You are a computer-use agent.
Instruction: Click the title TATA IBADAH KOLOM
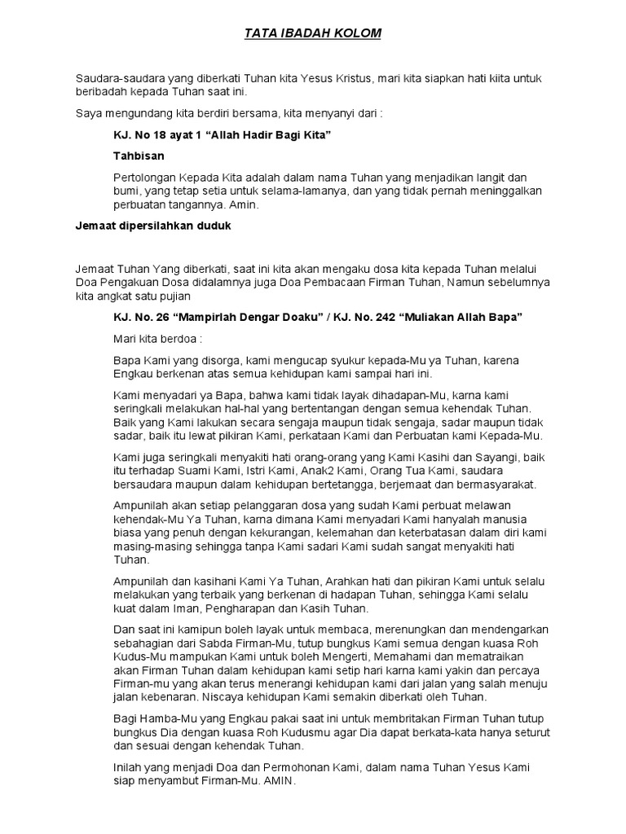[x=313, y=34]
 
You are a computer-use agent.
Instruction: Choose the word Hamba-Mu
[x=168, y=718]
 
